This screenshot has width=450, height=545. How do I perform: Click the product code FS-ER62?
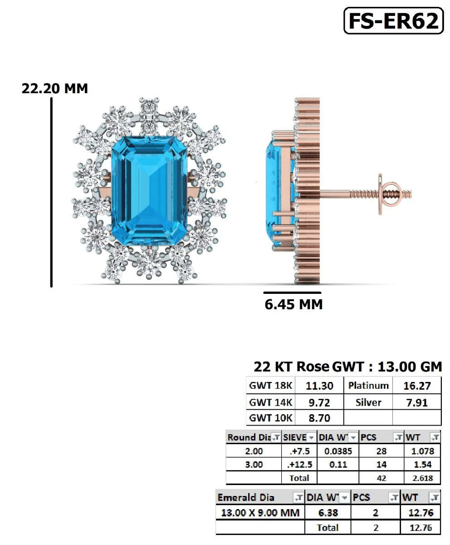393,21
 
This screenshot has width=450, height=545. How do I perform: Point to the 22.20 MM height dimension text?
55,88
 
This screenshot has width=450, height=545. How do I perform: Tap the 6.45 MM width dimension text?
293,304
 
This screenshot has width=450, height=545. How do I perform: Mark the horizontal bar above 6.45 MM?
292,293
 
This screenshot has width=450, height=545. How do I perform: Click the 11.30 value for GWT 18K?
319,386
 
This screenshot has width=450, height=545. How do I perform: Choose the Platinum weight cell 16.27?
416,386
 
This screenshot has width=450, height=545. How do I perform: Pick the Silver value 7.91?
416,402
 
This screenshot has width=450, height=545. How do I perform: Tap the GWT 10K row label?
271,418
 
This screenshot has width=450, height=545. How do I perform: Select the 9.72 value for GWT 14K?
319,402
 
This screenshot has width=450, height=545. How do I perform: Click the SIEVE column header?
294,437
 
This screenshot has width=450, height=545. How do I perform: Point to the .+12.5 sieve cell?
299,465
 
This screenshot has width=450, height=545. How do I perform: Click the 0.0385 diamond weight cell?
337,451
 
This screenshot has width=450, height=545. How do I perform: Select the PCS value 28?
381,451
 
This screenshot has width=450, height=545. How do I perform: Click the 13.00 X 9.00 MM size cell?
260,513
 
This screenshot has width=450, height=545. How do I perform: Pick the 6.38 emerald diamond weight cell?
328,513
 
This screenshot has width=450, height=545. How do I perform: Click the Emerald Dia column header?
246,497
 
